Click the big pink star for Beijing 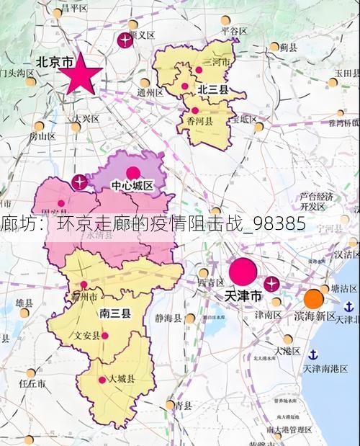(x=84, y=73)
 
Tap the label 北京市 (x=54, y=63)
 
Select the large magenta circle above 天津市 (x=243, y=272)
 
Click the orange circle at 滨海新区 (x=313, y=298)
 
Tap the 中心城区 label (x=132, y=186)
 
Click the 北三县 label (x=213, y=89)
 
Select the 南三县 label (x=114, y=313)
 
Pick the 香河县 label (x=200, y=122)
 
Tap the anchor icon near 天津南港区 (x=313, y=354)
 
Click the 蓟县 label (x=289, y=47)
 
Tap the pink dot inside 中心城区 (x=132, y=172)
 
